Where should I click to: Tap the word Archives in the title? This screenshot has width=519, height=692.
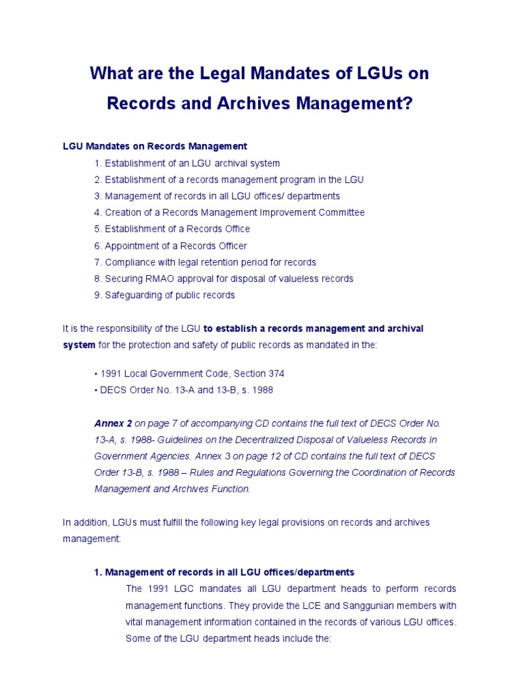(x=254, y=105)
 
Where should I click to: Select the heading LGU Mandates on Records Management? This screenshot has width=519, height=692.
(x=155, y=146)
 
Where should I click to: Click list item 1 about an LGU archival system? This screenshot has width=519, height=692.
(x=187, y=163)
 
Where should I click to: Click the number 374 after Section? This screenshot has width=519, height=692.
(x=276, y=374)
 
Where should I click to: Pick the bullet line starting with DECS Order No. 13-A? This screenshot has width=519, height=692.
(x=183, y=390)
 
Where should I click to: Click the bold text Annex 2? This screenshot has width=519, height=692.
(x=113, y=423)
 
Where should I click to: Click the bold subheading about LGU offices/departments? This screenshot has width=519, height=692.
(x=224, y=572)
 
